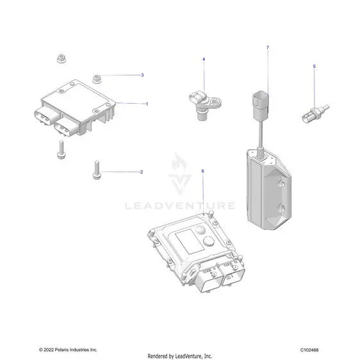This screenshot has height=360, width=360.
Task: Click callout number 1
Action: click(x=147, y=104)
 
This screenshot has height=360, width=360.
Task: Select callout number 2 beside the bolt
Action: click(x=142, y=172)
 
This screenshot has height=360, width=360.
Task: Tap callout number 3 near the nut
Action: click(x=142, y=75)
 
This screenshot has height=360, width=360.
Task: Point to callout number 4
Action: click(x=204, y=60)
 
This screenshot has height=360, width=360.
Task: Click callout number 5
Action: click(x=315, y=67)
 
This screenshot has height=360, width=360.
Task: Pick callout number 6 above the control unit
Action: click(x=202, y=171)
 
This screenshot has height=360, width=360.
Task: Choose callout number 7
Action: click(x=268, y=47)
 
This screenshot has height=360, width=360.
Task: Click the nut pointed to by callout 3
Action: click(x=97, y=79)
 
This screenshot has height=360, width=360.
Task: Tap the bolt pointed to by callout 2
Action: click(x=97, y=170)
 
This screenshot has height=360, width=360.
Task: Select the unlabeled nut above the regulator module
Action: click(x=61, y=58)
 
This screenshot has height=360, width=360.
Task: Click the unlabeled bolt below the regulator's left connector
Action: click(x=61, y=149)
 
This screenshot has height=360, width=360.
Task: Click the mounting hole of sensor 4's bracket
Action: click(x=215, y=101)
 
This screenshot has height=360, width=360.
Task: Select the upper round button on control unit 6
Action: click(x=200, y=229)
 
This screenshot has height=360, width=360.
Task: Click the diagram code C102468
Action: click(x=309, y=350)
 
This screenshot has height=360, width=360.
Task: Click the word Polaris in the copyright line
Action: click(x=61, y=350)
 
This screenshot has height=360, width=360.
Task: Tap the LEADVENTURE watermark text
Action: click(x=180, y=206)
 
